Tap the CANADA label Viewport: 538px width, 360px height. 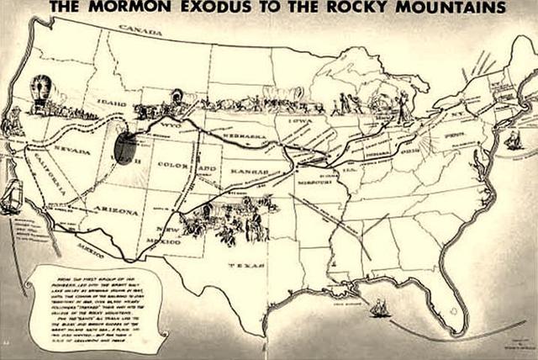tap(134, 29)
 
